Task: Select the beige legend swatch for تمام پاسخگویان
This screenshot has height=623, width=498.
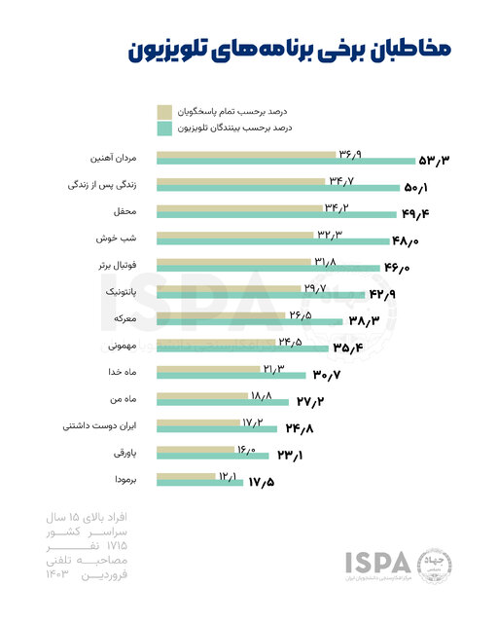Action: pos(165,110)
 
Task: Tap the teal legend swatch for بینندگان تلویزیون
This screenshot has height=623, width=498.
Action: pos(165,128)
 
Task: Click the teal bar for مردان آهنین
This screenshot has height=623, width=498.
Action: pos(282,162)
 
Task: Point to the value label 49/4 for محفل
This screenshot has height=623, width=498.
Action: pos(426,214)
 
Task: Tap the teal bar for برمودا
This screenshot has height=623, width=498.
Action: pos(198,482)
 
